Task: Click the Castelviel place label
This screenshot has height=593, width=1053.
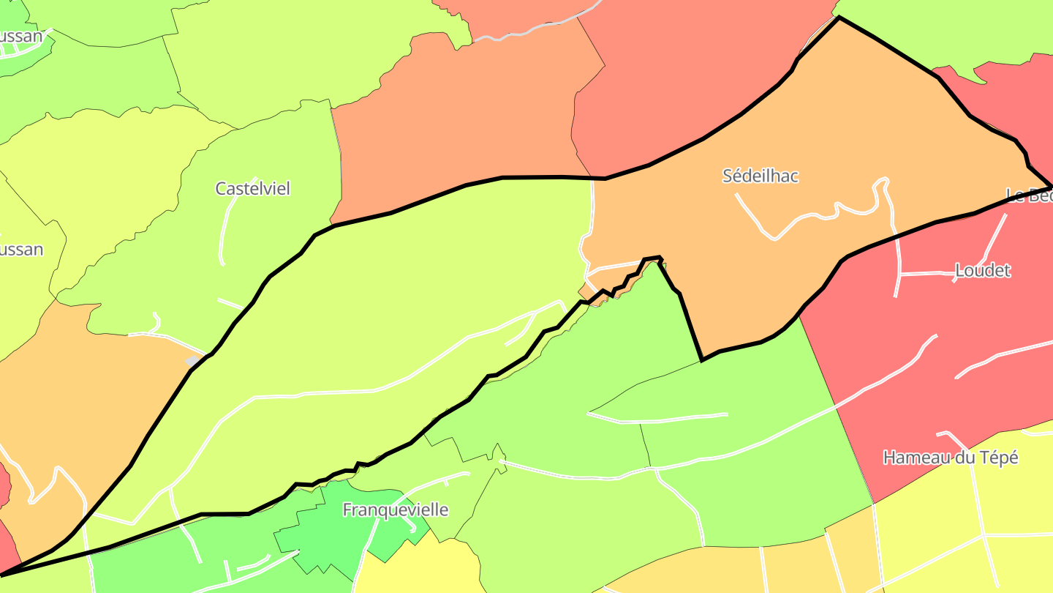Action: click(252, 189)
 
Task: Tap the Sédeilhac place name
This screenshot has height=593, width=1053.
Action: click(760, 176)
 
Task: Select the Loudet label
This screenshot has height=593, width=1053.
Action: click(983, 271)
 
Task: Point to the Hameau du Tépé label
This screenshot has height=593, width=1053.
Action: click(951, 458)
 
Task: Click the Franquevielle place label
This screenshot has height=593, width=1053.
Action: click(396, 510)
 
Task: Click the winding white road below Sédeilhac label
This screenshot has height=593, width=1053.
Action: click(812, 216)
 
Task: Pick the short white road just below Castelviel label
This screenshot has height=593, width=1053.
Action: click(224, 234)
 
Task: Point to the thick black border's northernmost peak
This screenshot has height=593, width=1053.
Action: click(839, 18)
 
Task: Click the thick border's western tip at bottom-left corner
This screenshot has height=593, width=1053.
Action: click(4, 574)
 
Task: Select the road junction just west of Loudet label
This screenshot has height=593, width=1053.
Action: click(900, 275)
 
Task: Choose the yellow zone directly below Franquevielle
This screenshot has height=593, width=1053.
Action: click(417, 571)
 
